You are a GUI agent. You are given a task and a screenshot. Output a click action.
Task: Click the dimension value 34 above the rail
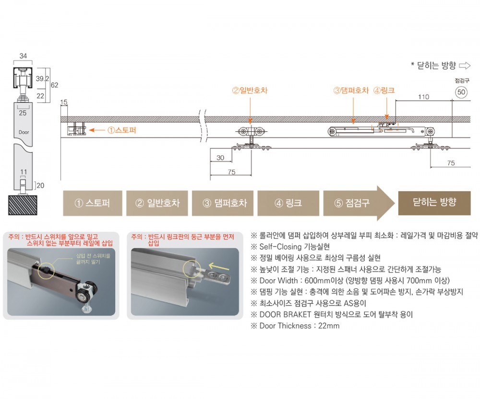click(23, 56)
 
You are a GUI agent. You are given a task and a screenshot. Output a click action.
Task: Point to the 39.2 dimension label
click(42, 79)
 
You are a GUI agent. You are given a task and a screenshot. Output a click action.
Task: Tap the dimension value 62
click(55, 85)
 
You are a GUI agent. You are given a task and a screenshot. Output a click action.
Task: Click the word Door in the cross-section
click(24, 132)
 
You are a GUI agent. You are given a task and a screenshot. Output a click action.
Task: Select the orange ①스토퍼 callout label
click(121, 130)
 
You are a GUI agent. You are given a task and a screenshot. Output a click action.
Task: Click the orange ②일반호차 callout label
click(250, 91)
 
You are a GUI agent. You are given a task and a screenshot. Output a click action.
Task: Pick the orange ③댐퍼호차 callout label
click(351, 91)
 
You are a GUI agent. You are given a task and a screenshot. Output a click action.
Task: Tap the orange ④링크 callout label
click(384, 91)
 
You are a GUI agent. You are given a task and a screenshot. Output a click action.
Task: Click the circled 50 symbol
click(461, 92)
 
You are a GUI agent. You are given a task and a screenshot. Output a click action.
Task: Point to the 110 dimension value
click(424, 97)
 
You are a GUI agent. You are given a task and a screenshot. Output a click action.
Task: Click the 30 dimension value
click(220, 158)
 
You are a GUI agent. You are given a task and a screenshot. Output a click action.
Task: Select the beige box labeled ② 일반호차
click(157, 203)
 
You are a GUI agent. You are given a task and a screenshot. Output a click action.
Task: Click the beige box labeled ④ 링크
click(288, 203)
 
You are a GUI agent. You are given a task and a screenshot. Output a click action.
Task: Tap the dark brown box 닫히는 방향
click(434, 203)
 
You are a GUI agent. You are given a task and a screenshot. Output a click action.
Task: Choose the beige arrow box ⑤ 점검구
click(359, 203)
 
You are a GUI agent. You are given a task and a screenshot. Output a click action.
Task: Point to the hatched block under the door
click(23, 205)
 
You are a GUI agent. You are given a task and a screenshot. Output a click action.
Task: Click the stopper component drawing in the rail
click(76, 129)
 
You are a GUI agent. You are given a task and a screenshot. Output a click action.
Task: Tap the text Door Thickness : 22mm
click(295, 326)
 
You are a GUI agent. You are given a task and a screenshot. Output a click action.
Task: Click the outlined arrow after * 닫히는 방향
click(465, 65)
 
